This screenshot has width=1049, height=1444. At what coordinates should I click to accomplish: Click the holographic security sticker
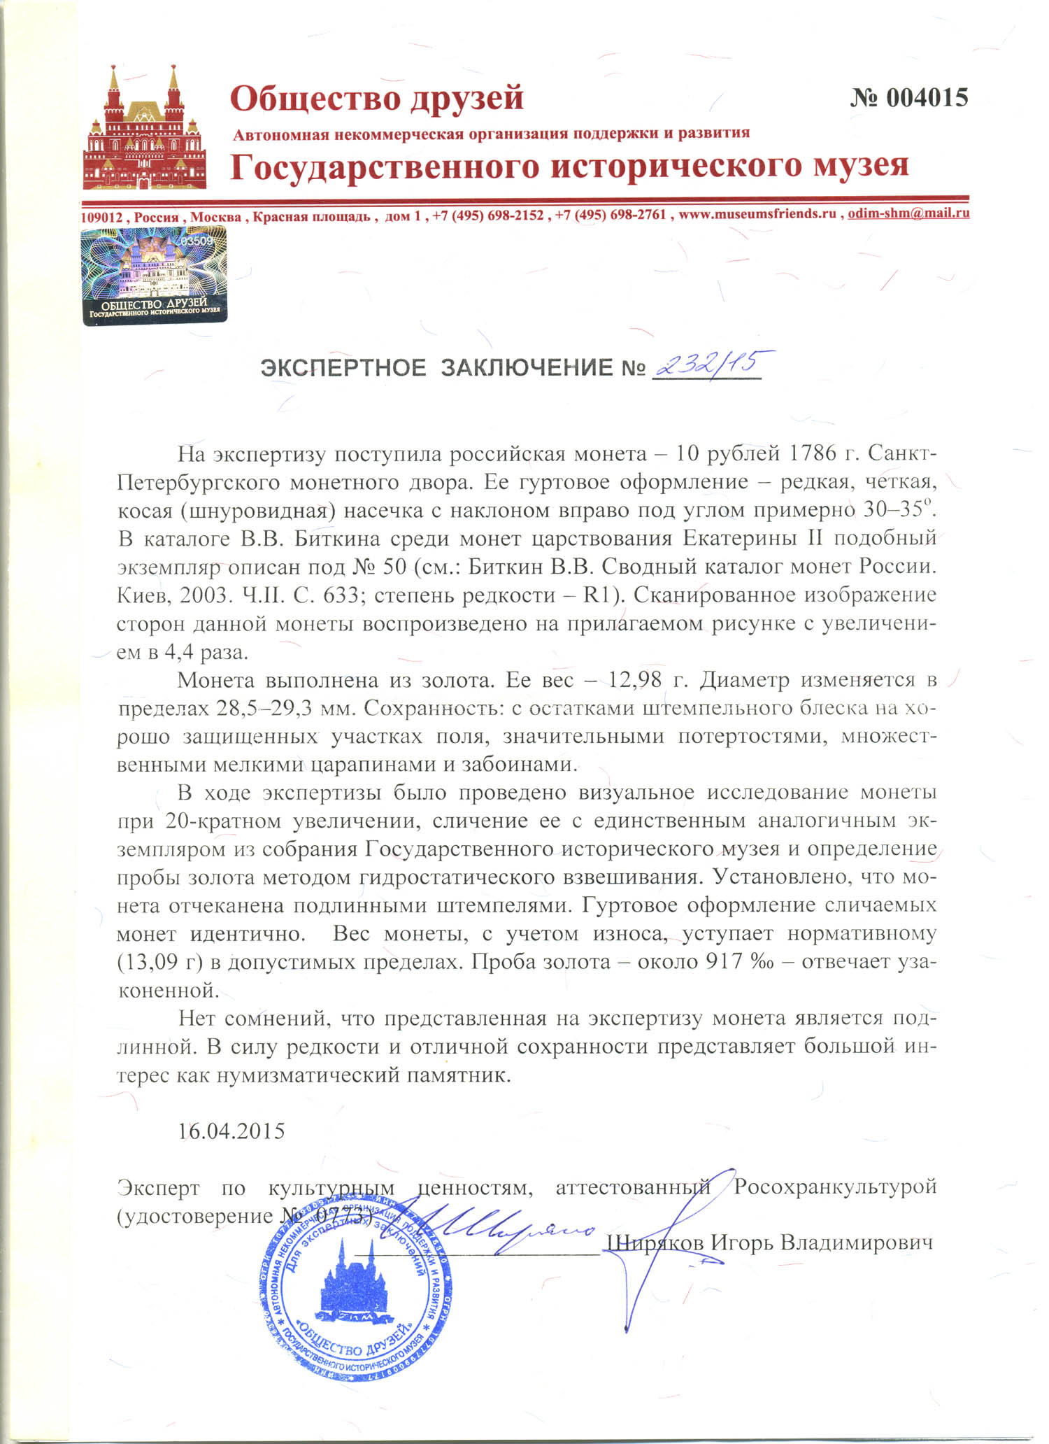(x=154, y=276)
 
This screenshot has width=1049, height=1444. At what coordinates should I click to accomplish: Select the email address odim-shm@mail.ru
(x=908, y=213)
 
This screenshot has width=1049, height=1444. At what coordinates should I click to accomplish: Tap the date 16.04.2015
(x=231, y=1131)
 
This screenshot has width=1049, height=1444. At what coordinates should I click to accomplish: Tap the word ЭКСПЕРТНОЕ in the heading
(x=343, y=367)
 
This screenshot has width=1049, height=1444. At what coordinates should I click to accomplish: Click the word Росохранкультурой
(x=834, y=1187)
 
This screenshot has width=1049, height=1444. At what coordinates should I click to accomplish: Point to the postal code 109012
(x=103, y=217)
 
